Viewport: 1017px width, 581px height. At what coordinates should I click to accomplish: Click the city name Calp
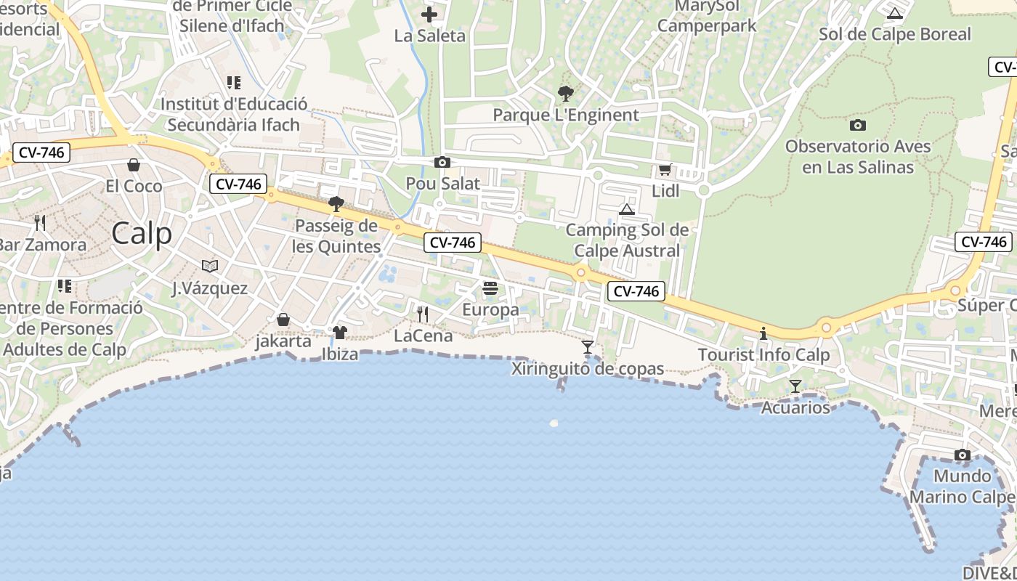point(142,234)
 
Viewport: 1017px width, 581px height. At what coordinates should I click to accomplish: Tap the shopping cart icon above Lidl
point(664,171)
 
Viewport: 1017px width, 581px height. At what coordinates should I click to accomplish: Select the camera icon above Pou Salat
point(442,163)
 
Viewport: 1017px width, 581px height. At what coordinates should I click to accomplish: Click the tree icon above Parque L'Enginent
point(565,94)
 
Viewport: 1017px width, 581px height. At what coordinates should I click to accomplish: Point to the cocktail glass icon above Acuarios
point(795,386)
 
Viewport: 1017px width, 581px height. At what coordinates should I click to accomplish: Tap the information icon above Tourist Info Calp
point(763,334)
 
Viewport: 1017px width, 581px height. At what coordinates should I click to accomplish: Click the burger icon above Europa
point(490,288)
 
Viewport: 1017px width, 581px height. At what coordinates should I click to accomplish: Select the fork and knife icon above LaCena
point(423,314)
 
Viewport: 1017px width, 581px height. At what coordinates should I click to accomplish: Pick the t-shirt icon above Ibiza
point(339,333)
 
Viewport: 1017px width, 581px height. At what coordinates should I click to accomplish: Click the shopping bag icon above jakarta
point(283,320)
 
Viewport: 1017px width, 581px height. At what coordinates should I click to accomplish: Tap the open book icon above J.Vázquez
point(210,267)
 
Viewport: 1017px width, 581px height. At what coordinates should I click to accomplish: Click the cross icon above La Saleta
point(429,14)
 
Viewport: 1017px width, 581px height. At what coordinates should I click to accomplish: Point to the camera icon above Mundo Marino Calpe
point(963,455)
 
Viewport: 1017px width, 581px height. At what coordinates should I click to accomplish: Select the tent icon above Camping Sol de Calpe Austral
point(627,209)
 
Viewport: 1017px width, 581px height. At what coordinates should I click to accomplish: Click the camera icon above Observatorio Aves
point(858,125)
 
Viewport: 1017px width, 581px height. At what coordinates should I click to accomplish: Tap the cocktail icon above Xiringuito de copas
point(588,347)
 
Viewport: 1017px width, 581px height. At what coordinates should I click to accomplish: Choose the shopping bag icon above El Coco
point(134,165)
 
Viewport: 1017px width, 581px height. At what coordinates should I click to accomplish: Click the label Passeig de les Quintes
point(336,236)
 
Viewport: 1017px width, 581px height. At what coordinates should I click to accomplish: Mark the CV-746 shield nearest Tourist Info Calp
point(636,291)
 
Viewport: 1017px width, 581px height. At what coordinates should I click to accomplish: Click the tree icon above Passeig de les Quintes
point(336,203)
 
